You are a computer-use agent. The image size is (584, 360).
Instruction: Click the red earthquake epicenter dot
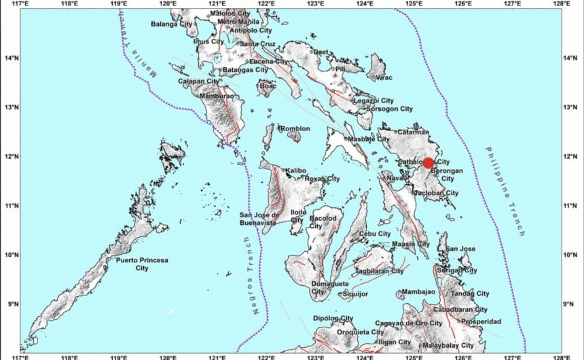click(428, 163)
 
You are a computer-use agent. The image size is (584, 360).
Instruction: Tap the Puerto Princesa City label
click(141, 264)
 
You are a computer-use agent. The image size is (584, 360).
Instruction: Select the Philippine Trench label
click(505, 191)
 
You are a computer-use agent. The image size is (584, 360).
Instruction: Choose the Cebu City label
click(376, 234)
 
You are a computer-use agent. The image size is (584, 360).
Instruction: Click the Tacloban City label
click(435, 193)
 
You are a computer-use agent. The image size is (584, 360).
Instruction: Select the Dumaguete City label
click(330, 287)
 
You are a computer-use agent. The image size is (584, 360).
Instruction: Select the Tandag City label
click(470, 293)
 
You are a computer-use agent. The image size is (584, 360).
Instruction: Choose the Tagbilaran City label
click(379, 270)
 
